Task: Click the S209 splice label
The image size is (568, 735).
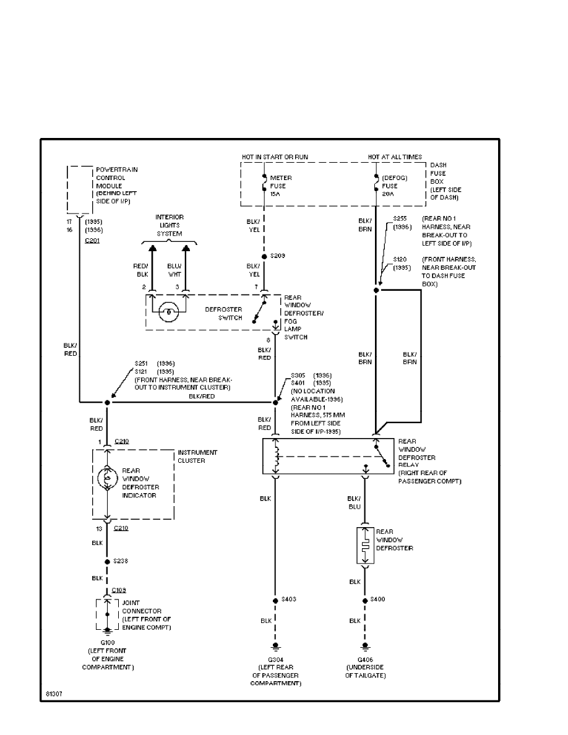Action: (278, 256)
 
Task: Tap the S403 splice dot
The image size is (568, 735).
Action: (275, 600)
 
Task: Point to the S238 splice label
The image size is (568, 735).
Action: (121, 561)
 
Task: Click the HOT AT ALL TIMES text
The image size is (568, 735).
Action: (395, 157)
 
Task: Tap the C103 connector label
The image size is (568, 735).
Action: (119, 590)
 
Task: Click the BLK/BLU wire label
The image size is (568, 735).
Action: (354, 502)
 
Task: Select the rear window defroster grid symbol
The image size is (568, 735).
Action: (365, 546)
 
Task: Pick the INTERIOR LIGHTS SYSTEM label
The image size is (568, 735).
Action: (169, 226)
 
